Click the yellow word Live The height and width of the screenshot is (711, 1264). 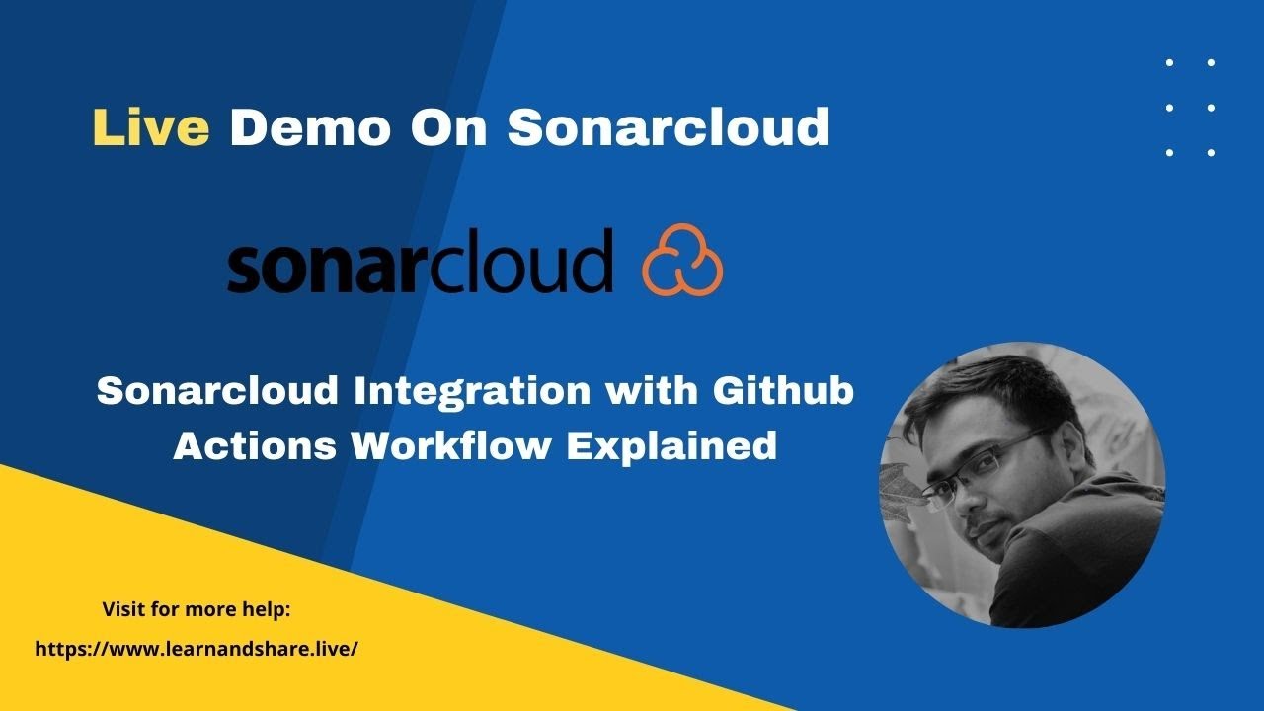150,127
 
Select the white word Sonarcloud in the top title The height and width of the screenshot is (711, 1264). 668,127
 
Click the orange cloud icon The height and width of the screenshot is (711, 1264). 682,262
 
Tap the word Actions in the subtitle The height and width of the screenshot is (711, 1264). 257,446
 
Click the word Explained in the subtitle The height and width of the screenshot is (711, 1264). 671,446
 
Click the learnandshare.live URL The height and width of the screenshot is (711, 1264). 196,649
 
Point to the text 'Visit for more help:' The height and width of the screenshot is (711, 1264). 197,609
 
